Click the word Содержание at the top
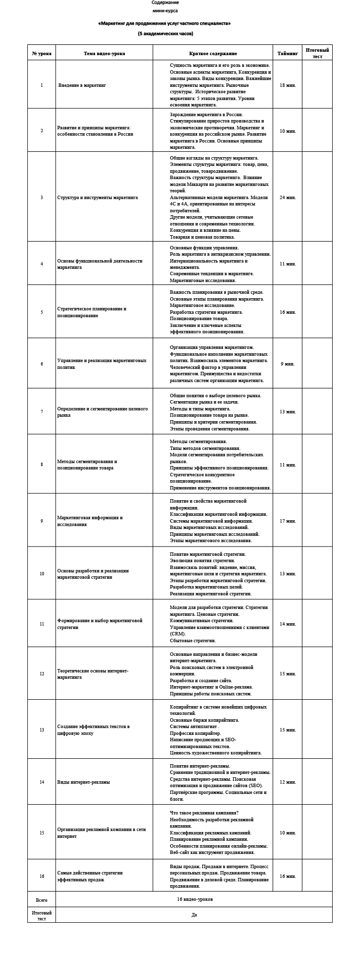(165, 2)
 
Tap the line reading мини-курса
(165, 10)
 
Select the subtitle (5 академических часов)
(165, 34)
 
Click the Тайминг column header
(288, 53)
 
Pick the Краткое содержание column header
(213, 53)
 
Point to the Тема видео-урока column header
(104, 53)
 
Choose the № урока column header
(41, 53)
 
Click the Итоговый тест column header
(317, 53)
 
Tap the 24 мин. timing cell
(288, 197)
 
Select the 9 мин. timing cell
(288, 364)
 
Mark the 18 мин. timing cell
(288, 85)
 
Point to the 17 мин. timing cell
(288, 521)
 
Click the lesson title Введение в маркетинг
(82, 85)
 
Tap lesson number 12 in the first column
(41, 673)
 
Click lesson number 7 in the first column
(41, 411)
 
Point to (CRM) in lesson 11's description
(175, 633)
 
